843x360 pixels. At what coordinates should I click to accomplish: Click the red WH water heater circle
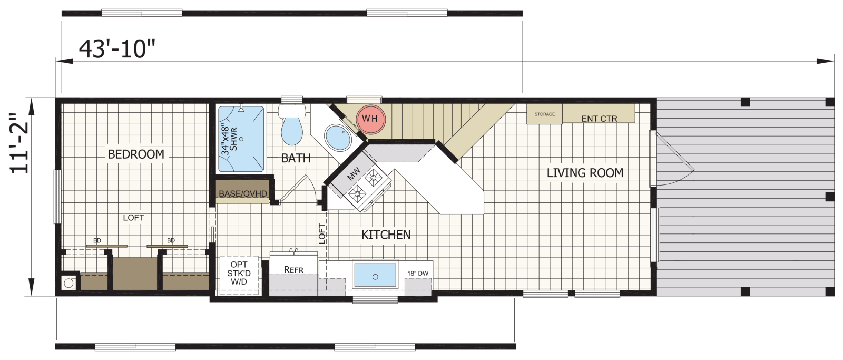(371, 119)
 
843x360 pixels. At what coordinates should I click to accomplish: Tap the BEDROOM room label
(136, 154)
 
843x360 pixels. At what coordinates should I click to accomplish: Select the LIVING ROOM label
(585, 173)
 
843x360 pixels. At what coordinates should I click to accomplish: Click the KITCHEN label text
(386, 235)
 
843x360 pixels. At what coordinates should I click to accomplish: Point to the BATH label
(296, 158)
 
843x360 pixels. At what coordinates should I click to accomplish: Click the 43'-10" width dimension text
(117, 49)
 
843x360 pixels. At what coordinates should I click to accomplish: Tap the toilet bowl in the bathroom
(292, 131)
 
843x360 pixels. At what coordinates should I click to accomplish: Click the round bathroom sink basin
(338, 138)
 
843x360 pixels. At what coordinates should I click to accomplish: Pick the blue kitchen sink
(375, 275)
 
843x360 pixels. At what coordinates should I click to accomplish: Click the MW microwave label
(354, 173)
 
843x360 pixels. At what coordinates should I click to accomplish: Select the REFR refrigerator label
(293, 270)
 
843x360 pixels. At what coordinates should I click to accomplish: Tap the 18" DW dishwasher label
(418, 274)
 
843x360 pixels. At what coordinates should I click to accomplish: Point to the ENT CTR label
(599, 119)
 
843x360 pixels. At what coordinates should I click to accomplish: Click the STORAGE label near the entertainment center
(545, 114)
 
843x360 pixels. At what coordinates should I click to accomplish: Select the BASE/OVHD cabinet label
(243, 193)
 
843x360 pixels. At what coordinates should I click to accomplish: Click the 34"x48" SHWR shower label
(229, 139)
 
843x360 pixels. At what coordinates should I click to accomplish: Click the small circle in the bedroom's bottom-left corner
(68, 283)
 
